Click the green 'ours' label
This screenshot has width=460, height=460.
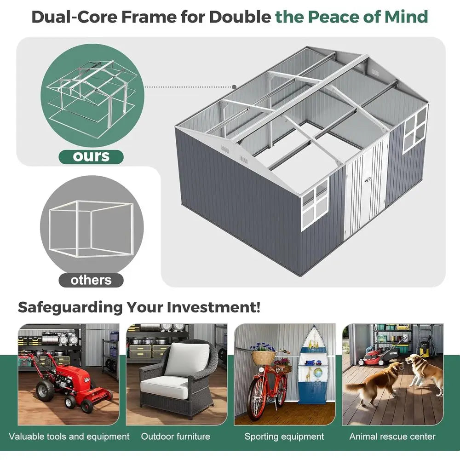click(91, 157)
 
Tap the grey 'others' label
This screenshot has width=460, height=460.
click(91, 280)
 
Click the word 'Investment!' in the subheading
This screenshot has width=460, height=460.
click(213, 307)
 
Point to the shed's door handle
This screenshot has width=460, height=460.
click(367, 180)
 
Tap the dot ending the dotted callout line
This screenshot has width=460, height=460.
click(234, 87)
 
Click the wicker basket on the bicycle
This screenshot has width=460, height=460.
click(264, 357)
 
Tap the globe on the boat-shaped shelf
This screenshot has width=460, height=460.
click(318, 373)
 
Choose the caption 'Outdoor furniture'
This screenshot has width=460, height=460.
click(175, 437)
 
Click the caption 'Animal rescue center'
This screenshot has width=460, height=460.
click(392, 437)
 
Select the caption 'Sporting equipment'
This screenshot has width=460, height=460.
click(284, 437)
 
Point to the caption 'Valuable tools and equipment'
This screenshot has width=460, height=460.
click(69, 437)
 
